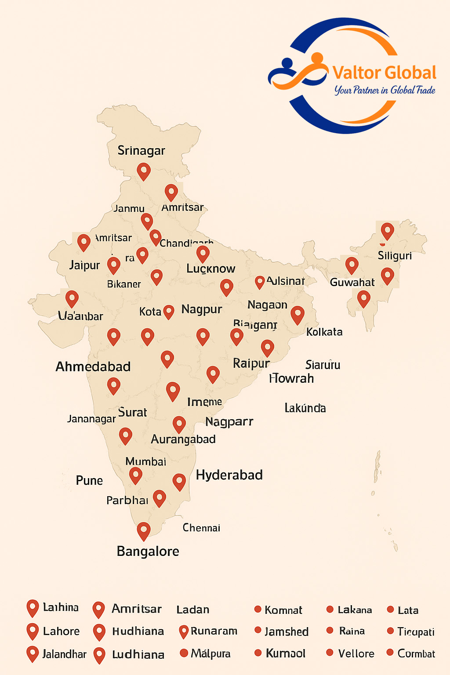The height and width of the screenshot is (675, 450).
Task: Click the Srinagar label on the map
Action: tap(141, 151)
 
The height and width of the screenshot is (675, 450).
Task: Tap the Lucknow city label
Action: tap(210, 269)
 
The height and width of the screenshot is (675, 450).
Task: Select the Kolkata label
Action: tap(324, 332)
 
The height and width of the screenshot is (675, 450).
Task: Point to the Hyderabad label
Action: tap(229, 475)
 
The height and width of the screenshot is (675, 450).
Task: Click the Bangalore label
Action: tap(148, 552)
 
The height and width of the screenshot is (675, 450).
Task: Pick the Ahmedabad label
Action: tap(93, 367)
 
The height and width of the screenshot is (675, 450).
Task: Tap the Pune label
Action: tap(89, 480)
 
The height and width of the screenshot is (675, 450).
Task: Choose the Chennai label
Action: tap(201, 528)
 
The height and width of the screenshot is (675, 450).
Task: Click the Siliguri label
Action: tap(395, 256)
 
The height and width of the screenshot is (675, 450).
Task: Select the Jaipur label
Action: tap(85, 265)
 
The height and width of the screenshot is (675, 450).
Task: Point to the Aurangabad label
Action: tap(183, 439)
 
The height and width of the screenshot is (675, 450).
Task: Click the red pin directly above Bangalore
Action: tap(144, 530)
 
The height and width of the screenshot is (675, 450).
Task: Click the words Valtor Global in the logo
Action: tap(384, 73)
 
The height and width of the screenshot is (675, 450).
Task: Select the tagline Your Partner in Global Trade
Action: tap(385, 90)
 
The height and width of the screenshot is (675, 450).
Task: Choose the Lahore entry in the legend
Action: tap(61, 631)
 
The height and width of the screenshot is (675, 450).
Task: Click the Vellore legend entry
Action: tap(356, 653)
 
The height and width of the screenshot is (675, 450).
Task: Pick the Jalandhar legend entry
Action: tap(64, 654)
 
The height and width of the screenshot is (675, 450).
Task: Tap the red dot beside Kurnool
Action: tap(258, 653)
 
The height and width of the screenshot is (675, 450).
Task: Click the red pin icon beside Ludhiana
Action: tap(100, 655)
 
